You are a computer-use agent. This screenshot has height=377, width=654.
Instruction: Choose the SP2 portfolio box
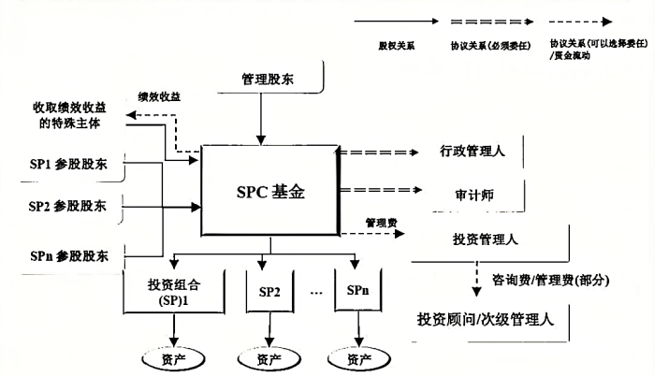coord(270,292)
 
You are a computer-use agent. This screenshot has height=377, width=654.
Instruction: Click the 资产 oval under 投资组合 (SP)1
coord(174,358)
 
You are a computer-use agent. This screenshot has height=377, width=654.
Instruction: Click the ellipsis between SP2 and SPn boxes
coord(315,292)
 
